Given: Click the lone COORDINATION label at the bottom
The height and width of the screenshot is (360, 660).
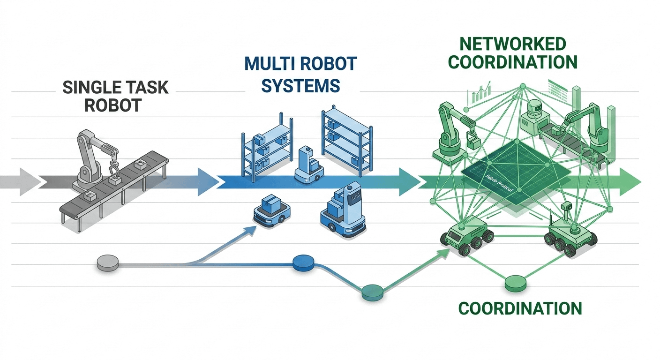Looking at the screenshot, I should point(520,308).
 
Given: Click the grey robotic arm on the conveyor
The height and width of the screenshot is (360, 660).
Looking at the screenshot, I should point(94,157).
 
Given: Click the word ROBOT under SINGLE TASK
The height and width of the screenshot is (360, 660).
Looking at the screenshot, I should point(112,105).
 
